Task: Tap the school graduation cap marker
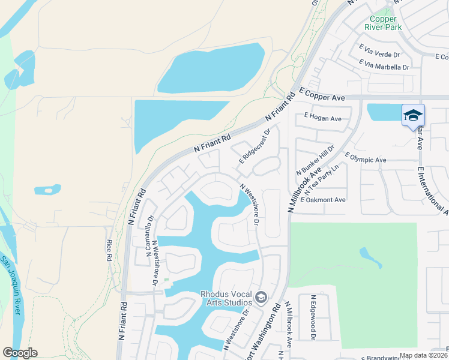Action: [x=413, y=115]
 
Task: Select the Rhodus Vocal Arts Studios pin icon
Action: [x=261, y=298]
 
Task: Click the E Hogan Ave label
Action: [x=322, y=119]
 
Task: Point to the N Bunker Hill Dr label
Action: [x=315, y=160]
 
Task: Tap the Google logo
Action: [x=20, y=353]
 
